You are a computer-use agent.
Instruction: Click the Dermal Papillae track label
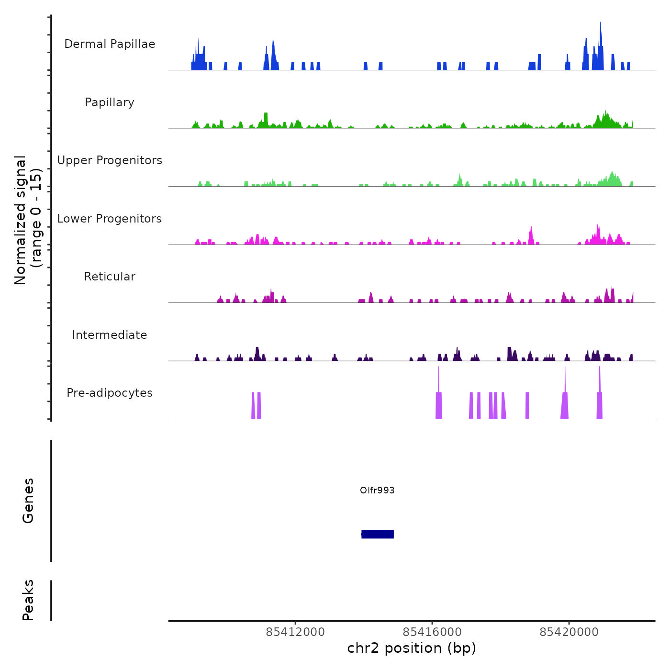click(110, 44)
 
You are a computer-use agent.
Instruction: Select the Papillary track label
click(110, 102)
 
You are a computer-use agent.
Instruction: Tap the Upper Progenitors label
click(110, 160)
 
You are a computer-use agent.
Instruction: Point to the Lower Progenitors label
click(110, 219)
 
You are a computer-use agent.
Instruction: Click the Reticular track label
click(110, 277)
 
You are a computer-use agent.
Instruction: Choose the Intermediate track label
click(110, 335)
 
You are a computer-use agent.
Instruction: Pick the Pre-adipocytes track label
click(110, 393)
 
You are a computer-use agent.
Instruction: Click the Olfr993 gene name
click(377, 490)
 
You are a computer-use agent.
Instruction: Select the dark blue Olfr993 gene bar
click(378, 534)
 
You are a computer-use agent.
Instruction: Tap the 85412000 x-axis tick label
click(295, 632)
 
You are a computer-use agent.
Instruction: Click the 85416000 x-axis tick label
click(432, 632)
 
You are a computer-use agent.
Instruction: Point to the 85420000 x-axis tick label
click(569, 632)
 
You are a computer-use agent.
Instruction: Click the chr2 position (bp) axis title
click(412, 648)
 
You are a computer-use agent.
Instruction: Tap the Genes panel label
click(28, 501)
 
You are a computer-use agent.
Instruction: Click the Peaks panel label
click(28, 600)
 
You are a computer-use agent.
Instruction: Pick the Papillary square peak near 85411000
click(266, 117)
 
